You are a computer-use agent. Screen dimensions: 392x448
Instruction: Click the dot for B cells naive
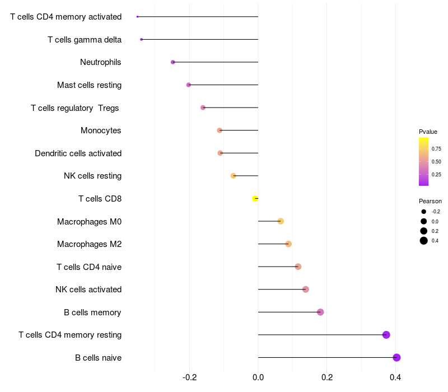click(x=396, y=357)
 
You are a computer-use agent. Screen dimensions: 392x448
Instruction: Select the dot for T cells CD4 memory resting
click(x=386, y=335)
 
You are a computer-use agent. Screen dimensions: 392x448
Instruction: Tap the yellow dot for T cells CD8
click(x=255, y=198)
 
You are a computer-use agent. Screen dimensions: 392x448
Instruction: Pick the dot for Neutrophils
click(x=172, y=62)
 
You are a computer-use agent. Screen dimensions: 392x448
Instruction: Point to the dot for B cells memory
click(x=320, y=312)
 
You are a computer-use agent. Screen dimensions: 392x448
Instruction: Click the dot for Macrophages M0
click(x=281, y=221)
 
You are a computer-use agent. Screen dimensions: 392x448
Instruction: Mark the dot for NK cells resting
click(x=234, y=176)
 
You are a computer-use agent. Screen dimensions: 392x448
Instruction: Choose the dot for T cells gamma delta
click(x=141, y=39)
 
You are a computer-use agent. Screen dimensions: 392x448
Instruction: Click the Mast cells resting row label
click(x=89, y=85)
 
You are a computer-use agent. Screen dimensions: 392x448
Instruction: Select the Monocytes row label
click(x=101, y=130)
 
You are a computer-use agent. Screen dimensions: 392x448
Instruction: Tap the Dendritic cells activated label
click(x=78, y=153)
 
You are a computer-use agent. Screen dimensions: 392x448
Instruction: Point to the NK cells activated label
click(x=88, y=290)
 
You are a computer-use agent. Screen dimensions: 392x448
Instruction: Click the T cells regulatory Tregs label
click(x=75, y=108)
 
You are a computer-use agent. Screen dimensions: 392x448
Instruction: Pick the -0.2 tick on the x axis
click(x=189, y=377)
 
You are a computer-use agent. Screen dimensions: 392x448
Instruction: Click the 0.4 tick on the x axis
click(x=396, y=377)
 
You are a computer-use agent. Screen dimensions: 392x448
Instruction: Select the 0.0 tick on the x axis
click(x=258, y=377)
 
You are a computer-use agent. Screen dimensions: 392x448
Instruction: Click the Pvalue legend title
click(x=428, y=132)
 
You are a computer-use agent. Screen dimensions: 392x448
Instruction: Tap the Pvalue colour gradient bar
click(x=423, y=161)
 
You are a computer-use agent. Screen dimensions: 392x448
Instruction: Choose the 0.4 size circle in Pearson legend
click(x=424, y=241)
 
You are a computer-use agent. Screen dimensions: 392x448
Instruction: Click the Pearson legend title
click(x=430, y=201)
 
